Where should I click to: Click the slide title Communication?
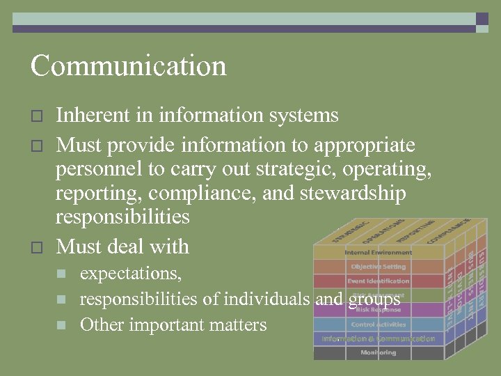tap(129, 66)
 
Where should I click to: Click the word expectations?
tap(131, 274)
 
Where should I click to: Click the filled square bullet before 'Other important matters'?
tap(61, 325)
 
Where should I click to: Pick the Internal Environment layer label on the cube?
tap(378, 252)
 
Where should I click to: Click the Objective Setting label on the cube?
tap(378, 267)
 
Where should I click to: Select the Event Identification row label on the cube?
tap(378, 281)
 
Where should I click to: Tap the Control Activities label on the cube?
tap(378, 324)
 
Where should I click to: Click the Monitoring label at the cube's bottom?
tap(378, 353)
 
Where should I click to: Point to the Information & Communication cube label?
tap(378, 339)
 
